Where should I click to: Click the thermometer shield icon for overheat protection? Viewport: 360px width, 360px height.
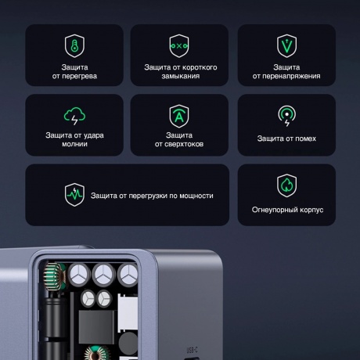click(x=74, y=45)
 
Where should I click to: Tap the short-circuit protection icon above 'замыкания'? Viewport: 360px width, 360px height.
click(x=180, y=45)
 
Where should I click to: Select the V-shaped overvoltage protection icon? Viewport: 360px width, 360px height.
click(x=286, y=45)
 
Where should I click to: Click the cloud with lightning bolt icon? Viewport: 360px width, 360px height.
click(x=74, y=116)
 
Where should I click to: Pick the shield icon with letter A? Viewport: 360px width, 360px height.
click(x=180, y=116)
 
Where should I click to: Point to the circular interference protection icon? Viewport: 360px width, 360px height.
click(x=286, y=116)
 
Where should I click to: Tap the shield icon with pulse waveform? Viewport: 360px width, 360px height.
click(x=74, y=195)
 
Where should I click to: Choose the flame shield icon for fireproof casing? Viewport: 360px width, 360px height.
click(x=286, y=185)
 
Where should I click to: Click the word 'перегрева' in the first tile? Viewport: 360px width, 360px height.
click(x=78, y=77)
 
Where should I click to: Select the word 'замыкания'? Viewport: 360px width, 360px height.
click(x=180, y=77)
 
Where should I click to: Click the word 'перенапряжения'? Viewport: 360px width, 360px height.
click(x=286, y=77)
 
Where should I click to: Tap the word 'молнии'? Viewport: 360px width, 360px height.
click(x=74, y=144)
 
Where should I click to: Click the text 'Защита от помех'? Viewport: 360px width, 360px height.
click(x=286, y=139)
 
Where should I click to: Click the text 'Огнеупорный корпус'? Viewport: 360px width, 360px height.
click(x=286, y=211)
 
